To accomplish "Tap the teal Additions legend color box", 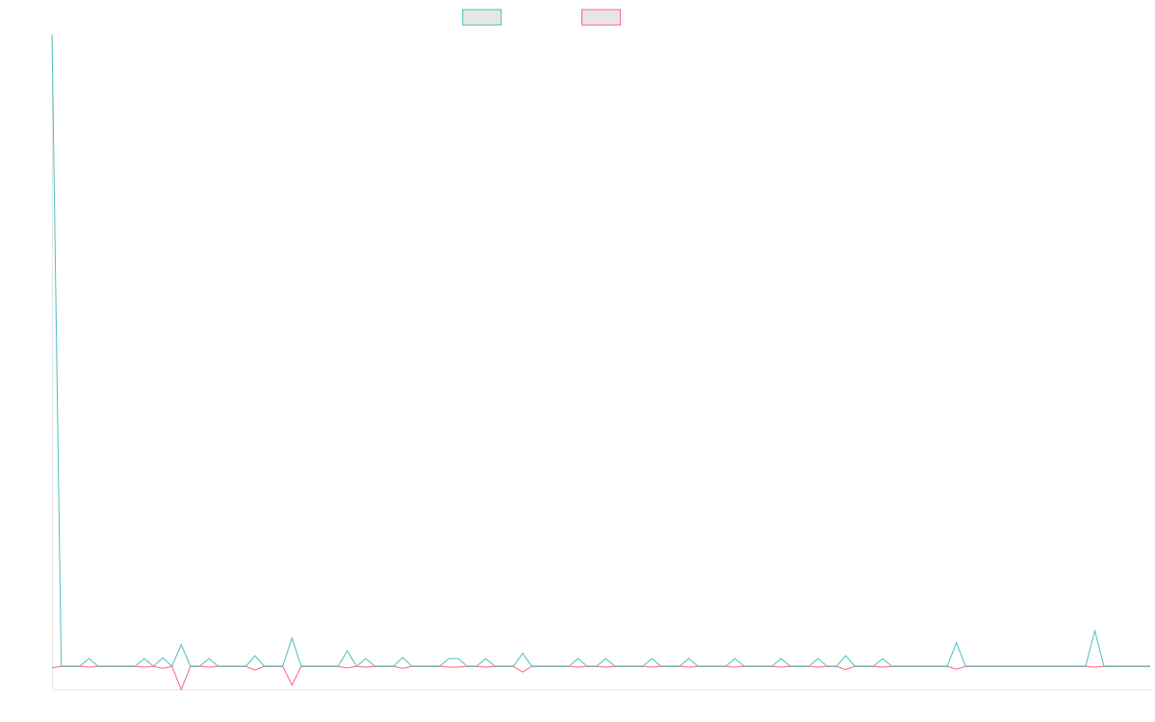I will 482,17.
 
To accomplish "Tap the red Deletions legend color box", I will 602,17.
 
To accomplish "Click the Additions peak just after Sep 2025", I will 1094,632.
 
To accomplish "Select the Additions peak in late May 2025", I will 956,643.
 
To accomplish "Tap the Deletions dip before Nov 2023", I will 180,688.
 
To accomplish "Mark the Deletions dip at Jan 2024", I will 292,684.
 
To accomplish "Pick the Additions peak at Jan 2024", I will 292,638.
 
